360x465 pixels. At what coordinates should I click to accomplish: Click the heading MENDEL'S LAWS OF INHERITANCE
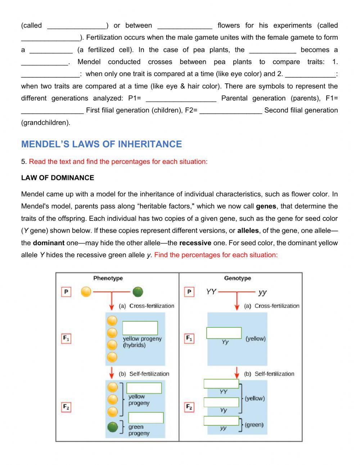tap(102, 144)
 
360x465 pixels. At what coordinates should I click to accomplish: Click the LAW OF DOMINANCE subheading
tap(58, 178)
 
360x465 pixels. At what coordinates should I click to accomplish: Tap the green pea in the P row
tap(138, 291)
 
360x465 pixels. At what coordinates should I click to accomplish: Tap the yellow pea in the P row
tap(86, 291)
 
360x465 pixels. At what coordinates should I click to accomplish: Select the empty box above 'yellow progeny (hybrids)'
tap(140, 328)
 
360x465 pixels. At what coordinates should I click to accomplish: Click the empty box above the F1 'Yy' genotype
tap(224, 333)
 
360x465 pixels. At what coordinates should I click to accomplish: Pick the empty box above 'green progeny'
tap(146, 418)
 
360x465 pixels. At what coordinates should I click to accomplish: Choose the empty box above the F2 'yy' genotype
tap(221, 421)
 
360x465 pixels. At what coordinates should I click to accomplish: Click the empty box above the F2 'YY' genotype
tap(221, 384)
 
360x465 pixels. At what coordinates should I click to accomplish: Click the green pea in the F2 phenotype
tap(113, 427)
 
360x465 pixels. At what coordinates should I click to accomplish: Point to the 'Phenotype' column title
tap(108, 278)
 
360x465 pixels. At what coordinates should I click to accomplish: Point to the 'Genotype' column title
tap(237, 278)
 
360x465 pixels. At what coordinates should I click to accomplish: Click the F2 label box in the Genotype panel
tap(189, 407)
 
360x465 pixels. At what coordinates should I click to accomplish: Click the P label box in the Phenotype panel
tap(66, 291)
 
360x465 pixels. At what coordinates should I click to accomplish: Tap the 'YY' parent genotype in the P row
tap(211, 291)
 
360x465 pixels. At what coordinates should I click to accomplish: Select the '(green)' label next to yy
tap(254, 425)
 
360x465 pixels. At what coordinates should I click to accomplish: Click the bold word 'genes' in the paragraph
tap(266, 206)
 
